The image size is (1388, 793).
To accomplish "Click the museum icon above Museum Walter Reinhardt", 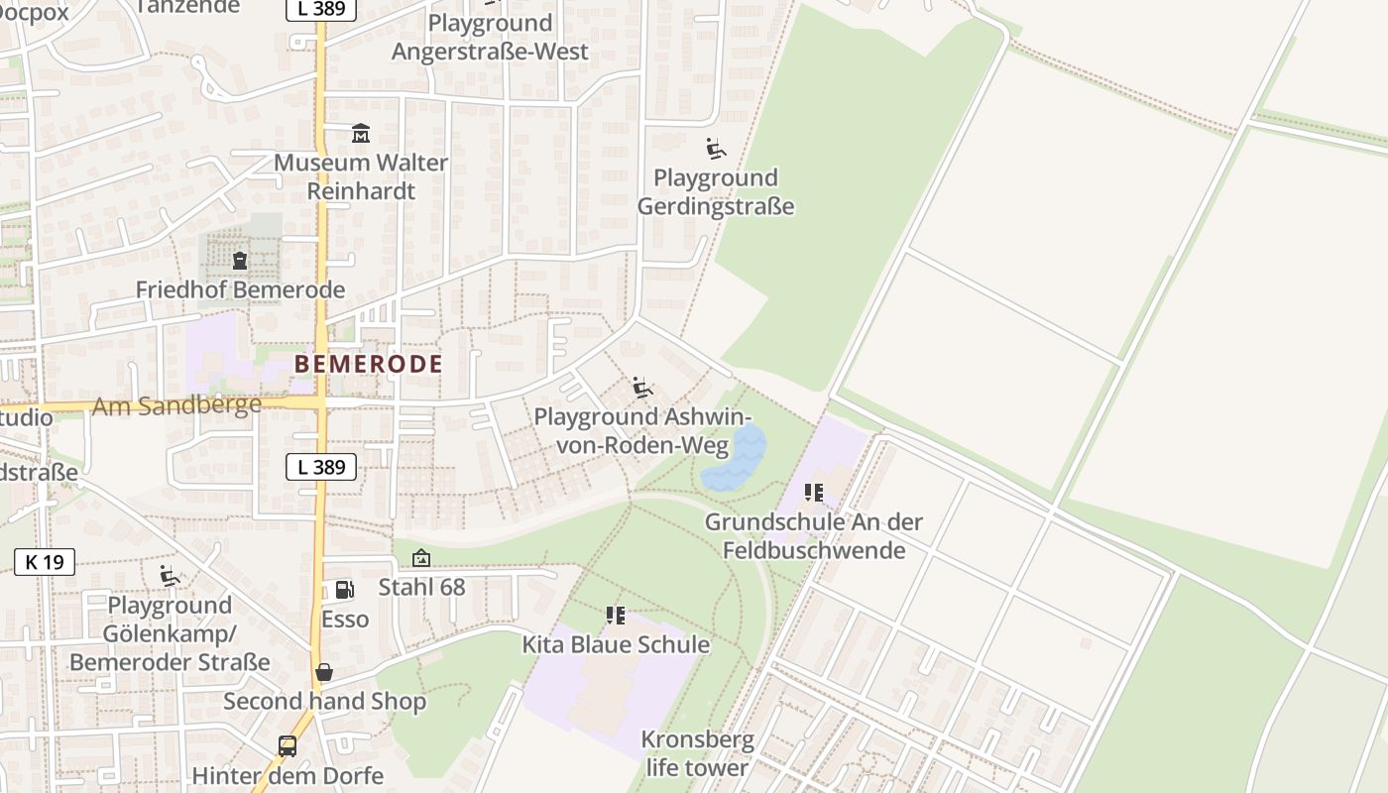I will click(x=361, y=133).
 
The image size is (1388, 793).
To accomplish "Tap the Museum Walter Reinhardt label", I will click(x=361, y=176).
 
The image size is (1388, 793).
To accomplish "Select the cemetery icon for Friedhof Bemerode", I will click(x=239, y=261).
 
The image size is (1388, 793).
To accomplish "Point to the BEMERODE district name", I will click(x=369, y=364).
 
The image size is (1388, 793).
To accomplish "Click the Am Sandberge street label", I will click(x=176, y=405).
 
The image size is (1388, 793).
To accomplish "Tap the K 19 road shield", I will click(x=45, y=562).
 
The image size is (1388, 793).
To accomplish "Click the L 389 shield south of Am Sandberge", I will click(x=321, y=467).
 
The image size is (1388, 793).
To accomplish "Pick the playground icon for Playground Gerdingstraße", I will click(x=716, y=149).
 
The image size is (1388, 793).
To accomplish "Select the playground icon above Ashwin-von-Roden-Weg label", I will click(x=642, y=387).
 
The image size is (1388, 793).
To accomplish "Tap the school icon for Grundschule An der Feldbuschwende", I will click(x=814, y=493).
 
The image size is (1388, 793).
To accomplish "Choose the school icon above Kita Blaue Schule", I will click(x=616, y=616).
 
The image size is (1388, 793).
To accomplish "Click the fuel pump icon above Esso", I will click(x=344, y=590).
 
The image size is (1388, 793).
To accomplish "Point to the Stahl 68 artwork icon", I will click(x=421, y=559).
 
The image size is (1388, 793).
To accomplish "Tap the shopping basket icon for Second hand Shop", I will click(x=324, y=672).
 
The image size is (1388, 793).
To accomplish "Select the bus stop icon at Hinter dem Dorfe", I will click(x=288, y=746).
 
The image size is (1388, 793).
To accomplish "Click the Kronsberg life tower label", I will click(x=697, y=753).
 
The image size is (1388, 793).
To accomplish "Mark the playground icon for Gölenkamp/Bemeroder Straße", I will click(x=170, y=576).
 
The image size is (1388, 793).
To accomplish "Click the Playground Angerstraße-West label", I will click(x=490, y=37).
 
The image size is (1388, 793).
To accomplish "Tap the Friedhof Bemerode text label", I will click(x=240, y=289).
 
